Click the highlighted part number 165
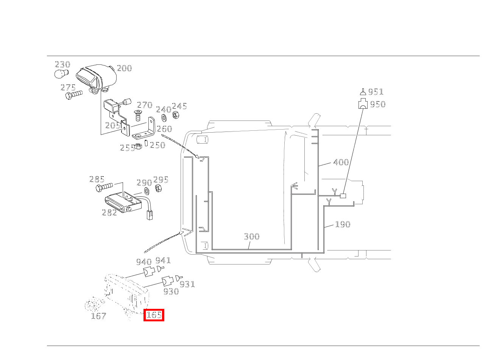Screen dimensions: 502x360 (154, 315)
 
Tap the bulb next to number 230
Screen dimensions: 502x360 (61, 74)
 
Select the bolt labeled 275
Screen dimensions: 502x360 (74, 95)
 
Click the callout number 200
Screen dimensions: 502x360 (125, 68)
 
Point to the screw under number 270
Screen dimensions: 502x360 (138, 115)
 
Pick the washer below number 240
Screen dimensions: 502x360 (164, 117)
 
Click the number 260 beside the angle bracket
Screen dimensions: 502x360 (164, 129)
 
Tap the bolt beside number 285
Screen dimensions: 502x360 (104, 187)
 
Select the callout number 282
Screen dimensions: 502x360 (109, 212)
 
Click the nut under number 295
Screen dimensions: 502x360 (159, 188)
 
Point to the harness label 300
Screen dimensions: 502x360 (252, 236)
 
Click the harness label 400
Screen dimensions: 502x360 (341, 162)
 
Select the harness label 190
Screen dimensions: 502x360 (343, 224)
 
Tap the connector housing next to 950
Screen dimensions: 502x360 (363, 103)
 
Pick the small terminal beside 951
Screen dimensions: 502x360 (363, 92)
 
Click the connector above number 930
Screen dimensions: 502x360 (168, 281)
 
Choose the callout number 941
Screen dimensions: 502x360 (163, 260)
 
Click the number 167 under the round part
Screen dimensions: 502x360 (98, 316)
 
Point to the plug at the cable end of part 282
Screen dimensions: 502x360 (150, 215)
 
